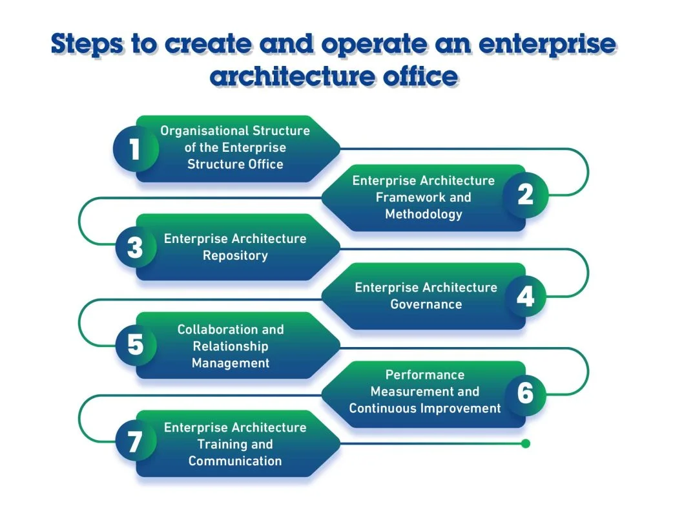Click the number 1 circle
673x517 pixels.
135,149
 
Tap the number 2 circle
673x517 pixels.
526,195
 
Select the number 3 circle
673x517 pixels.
135,248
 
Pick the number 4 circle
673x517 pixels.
526,296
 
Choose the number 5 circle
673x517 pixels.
135,345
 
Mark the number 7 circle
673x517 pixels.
135,443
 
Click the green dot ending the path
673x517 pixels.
526,443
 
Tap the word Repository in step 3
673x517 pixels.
235,256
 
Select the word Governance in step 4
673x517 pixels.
426,304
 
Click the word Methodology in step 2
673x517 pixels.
424,214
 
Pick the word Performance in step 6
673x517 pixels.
425,375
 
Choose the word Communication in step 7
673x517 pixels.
235,461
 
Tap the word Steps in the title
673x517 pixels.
88,44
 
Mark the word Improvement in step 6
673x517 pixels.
461,408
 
